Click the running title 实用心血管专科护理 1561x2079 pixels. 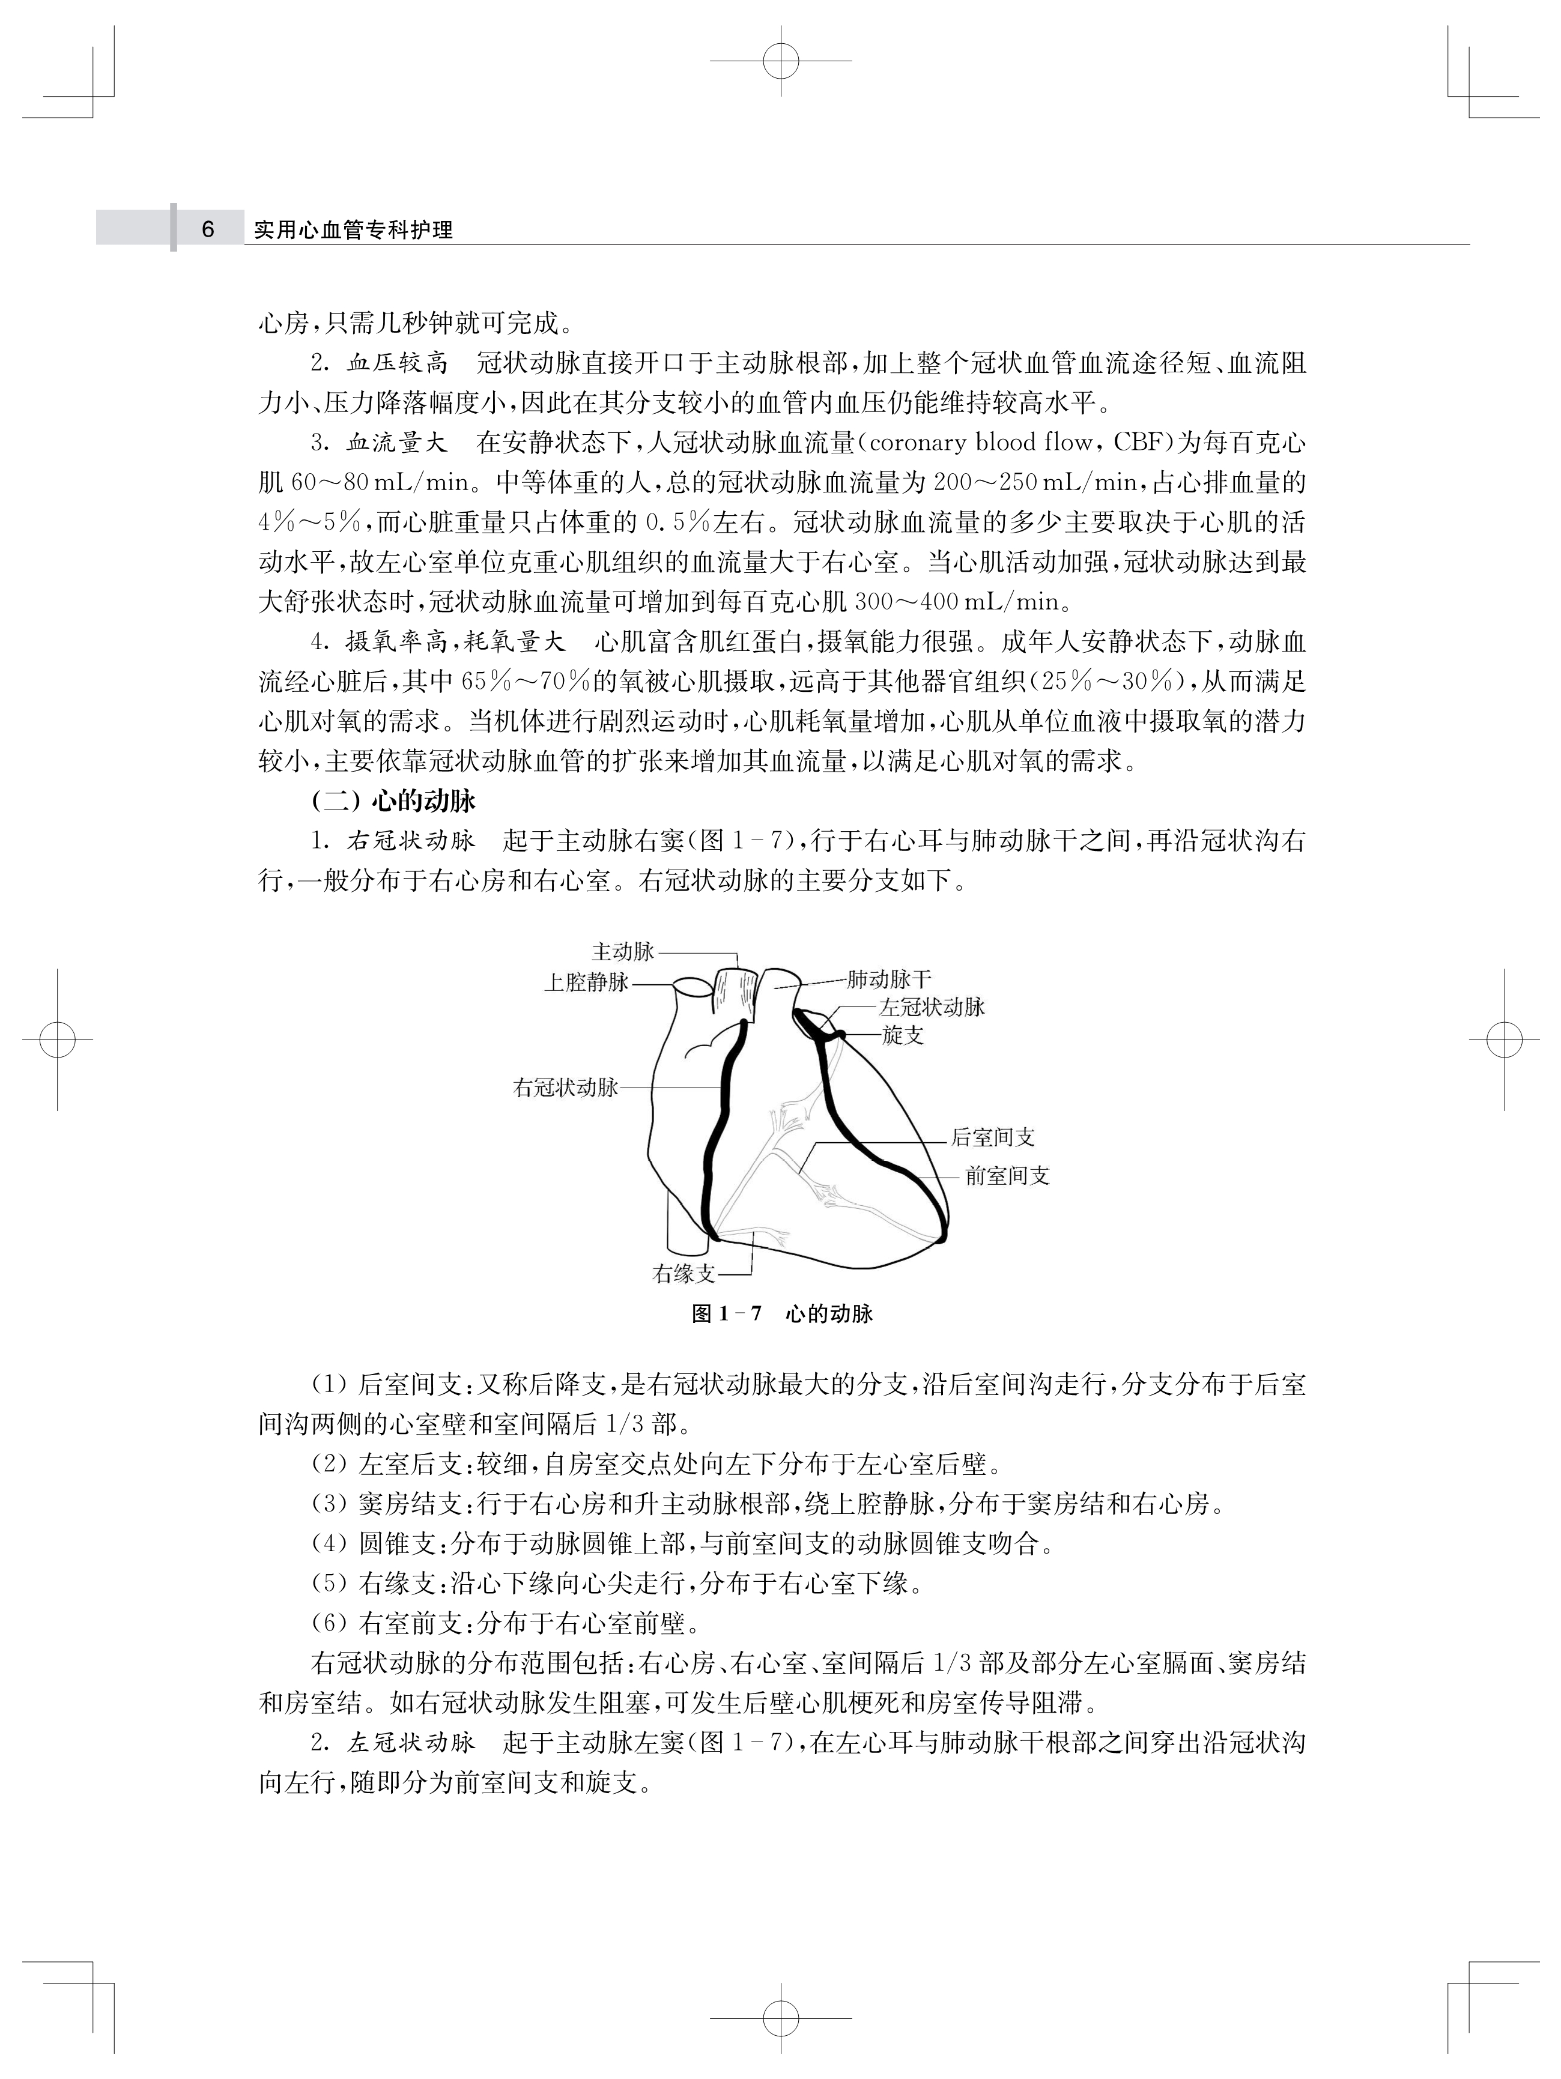click(x=353, y=230)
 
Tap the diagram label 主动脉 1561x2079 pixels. click(x=622, y=951)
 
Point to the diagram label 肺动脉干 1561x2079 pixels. click(x=889, y=980)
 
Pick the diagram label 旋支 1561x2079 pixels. click(x=902, y=1036)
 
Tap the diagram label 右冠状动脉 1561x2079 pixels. click(x=566, y=1088)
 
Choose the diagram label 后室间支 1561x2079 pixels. click(x=992, y=1137)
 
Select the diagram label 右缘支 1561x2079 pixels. click(x=684, y=1274)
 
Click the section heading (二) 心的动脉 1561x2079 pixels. click(x=394, y=800)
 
